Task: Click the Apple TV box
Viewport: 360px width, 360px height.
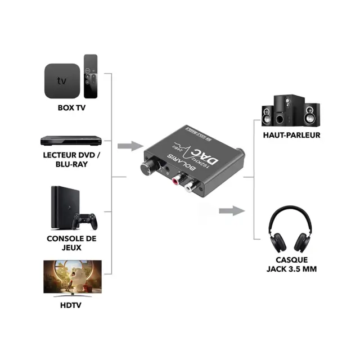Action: pyautogui.click(x=61, y=80)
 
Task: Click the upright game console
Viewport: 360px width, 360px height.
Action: pyautogui.click(x=61, y=206)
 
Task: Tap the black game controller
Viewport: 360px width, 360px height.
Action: pyautogui.click(x=85, y=220)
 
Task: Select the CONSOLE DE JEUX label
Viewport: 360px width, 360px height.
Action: pyautogui.click(x=72, y=243)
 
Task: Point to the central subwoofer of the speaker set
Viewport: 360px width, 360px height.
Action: pyautogui.click(x=281, y=110)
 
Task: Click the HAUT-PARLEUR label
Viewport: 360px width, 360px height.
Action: pyautogui.click(x=291, y=135)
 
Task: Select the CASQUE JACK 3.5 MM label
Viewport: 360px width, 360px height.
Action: pyautogui.click(x=291, y=264)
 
